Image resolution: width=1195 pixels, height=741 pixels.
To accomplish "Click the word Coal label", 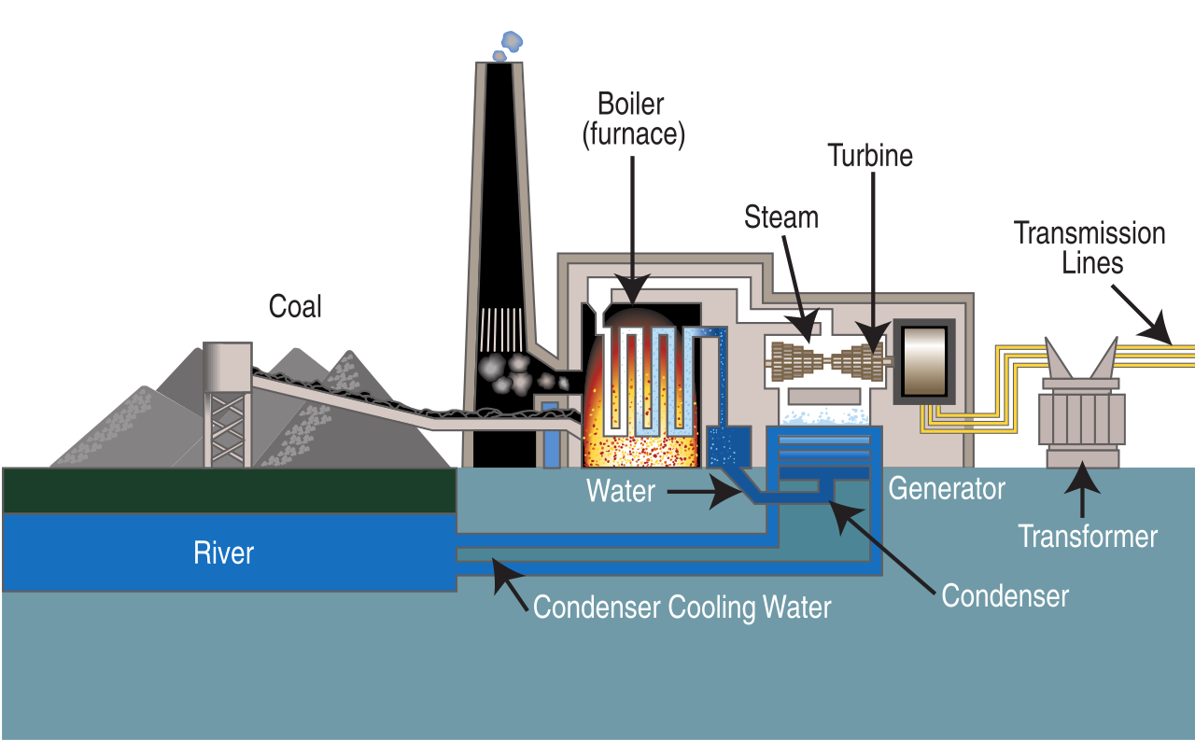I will pos(295,306).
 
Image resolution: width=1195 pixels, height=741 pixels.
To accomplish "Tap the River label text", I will pos(223,552).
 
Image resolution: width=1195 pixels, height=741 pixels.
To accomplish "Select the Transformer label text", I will pos(1087,537).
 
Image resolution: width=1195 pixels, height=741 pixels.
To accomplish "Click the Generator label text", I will pos(946,488).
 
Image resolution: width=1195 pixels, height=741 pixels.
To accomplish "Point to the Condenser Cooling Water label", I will pos(682,608).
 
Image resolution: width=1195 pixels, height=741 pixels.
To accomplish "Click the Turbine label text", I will pos(870,155).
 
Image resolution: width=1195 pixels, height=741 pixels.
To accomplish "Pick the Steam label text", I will pos(780,217).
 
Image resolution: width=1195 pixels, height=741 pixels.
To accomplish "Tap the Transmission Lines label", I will pos(1090,247).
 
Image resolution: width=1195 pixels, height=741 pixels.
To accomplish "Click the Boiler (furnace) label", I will pos(634,119).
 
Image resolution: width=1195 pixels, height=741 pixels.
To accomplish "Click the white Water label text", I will pos(621,491).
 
